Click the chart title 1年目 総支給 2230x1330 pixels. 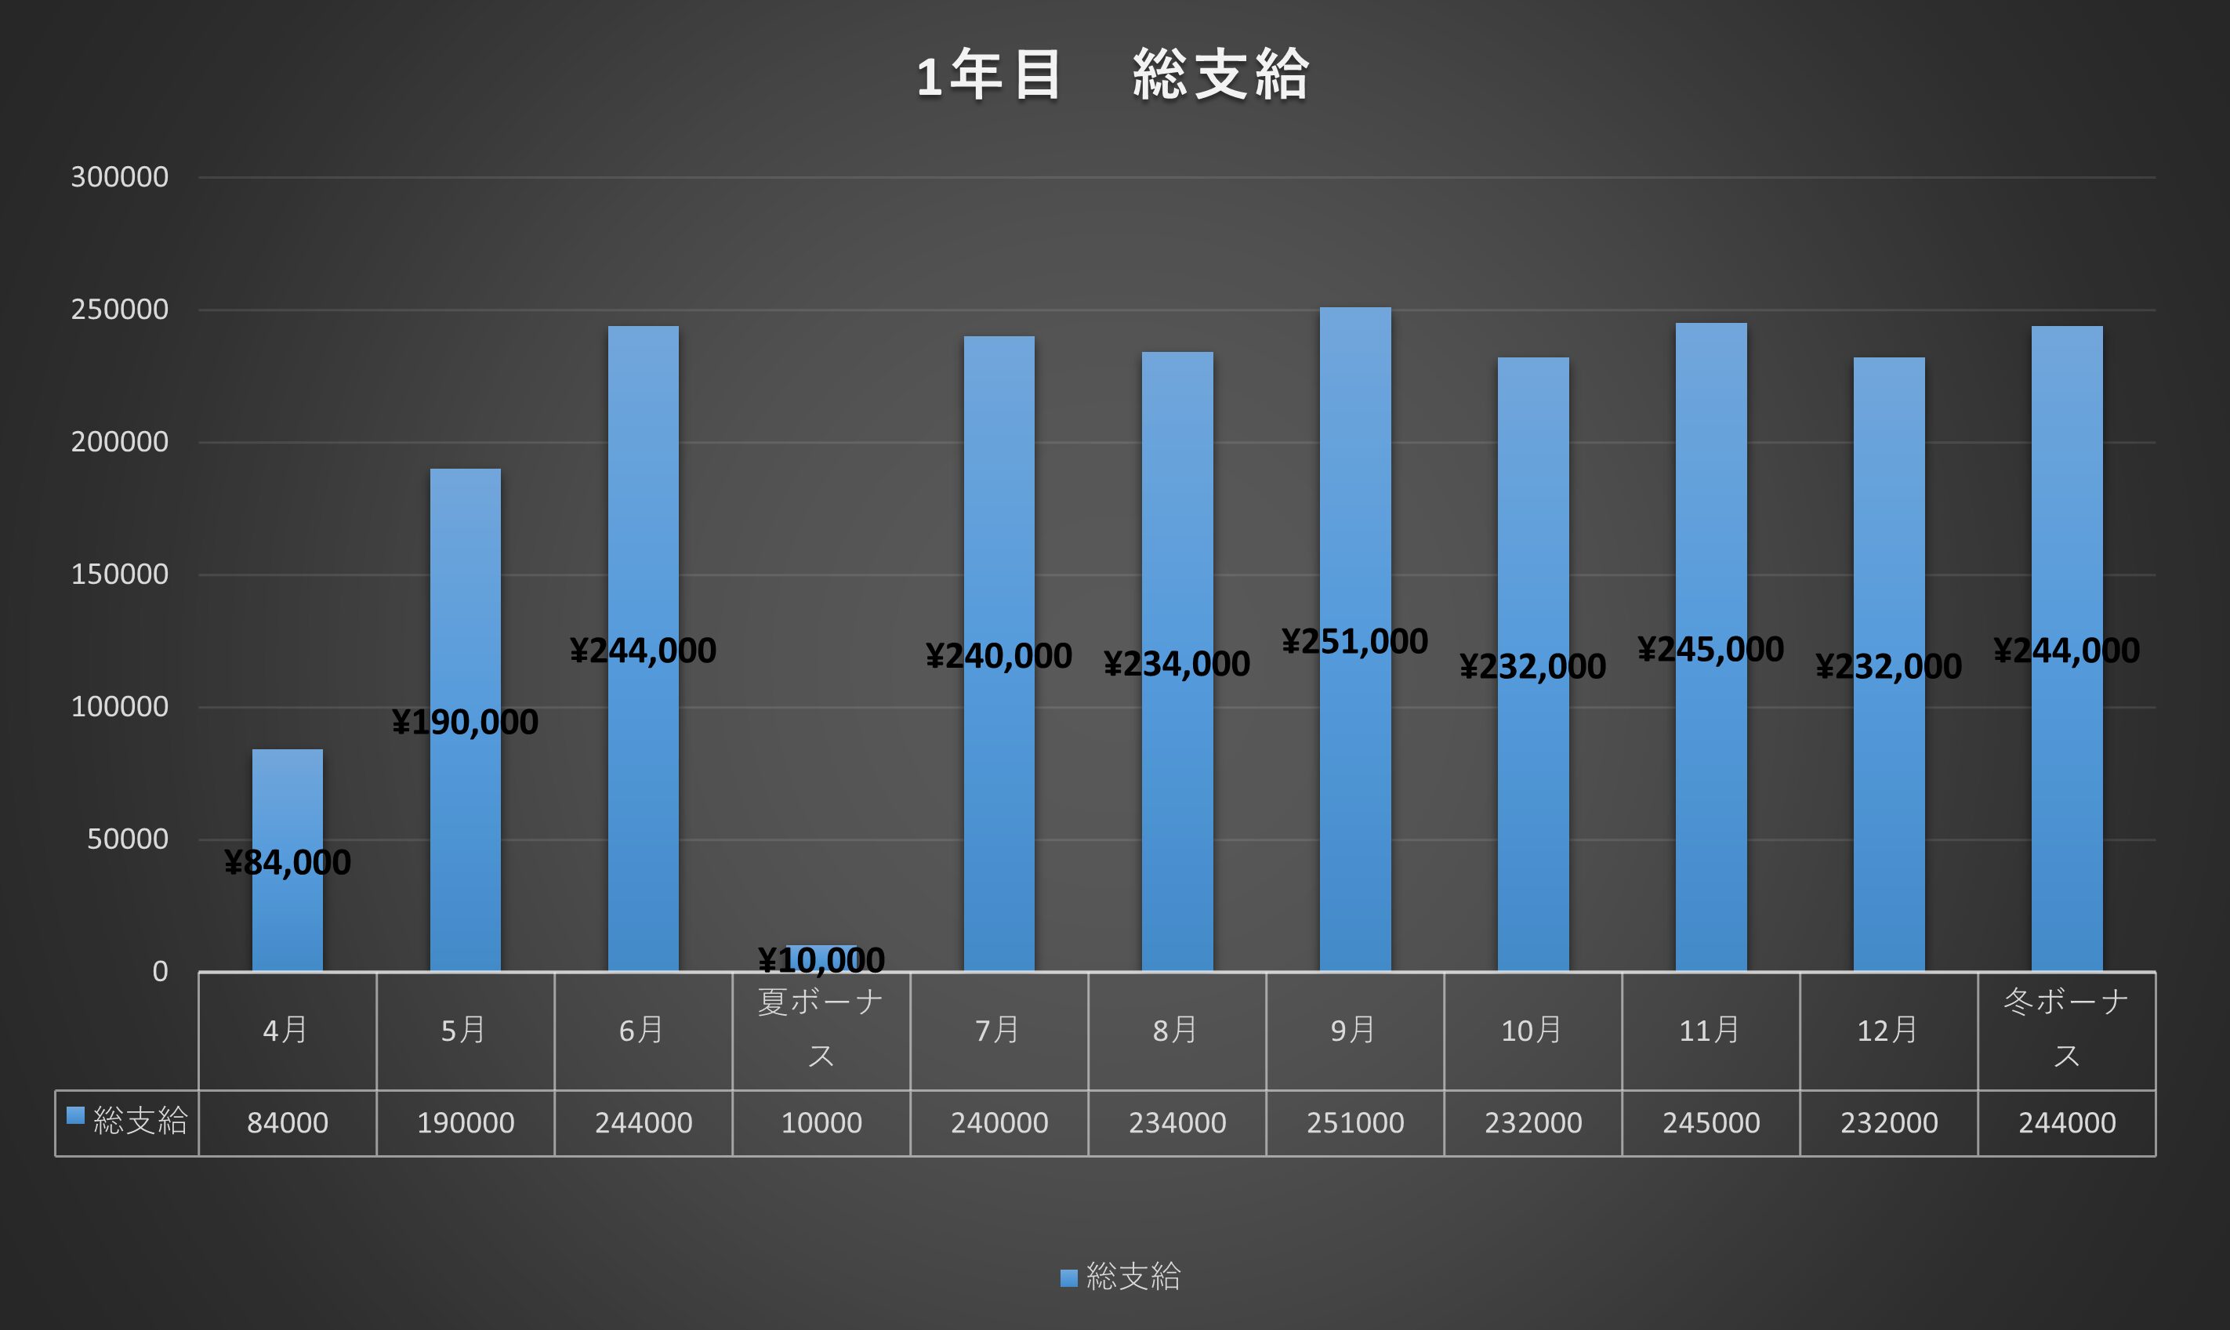(1111, 74)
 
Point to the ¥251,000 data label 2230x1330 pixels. (1354, 642)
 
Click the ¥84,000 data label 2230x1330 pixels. (287, 862)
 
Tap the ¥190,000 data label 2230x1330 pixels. (465, 723)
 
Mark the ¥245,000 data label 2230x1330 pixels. (1710, 650)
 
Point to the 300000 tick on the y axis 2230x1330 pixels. (119, 177)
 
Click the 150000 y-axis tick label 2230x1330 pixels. (119, 574)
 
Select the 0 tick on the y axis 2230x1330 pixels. (160, 972)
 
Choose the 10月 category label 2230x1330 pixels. (1532, 1031)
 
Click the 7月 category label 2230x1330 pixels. (999, 1031)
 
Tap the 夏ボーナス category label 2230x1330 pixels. (821, 1029)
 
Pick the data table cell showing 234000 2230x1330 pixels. (1177, 1123)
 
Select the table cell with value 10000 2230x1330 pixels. (821, 1123)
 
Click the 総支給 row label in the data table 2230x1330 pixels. (139, 1122)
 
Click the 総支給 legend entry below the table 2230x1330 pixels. (1131, 1276)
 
